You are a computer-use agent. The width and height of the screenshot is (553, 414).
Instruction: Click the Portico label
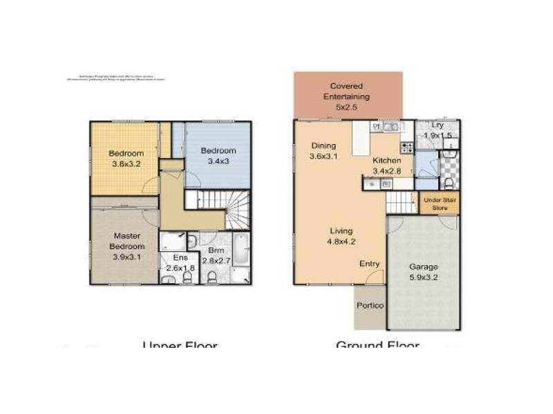pyautogui.click(x=370, y=306)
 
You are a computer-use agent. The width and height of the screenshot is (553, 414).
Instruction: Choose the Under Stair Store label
pyautogui.click(x=440, y=204)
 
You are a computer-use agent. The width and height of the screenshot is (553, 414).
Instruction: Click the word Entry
pyautogui.click(x=369, y=264)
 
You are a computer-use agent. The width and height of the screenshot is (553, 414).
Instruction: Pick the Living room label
pyautogui.click(x=341, y=230)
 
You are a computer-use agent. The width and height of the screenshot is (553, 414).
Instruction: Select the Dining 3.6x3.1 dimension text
pyautogui.click(x=324, y=157)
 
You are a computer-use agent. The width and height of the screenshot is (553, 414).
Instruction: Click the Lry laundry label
pyautogui.click(x=437, y=126)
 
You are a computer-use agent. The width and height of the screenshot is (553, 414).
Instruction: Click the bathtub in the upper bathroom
pyautogui.click(x=241, y=250)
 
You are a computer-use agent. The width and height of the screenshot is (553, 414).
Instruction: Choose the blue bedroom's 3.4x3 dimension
pyautogui.click(x=218, y=161)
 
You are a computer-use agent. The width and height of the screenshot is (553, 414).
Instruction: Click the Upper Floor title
pyautogui.click(x=180, y=346)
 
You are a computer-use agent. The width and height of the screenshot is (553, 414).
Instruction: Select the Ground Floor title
pyautogui.click(x=377, y=346)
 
